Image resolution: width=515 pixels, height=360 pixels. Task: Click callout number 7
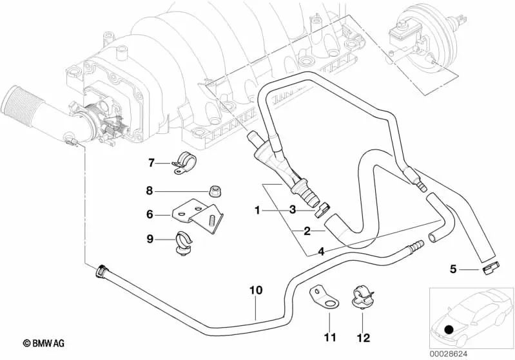151,162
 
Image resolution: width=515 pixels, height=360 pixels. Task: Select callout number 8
149,191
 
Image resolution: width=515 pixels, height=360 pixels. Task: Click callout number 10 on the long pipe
256,290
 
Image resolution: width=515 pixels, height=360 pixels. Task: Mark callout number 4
321,251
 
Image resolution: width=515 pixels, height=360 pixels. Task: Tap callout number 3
292,209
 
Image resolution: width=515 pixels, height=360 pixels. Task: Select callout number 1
257,209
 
